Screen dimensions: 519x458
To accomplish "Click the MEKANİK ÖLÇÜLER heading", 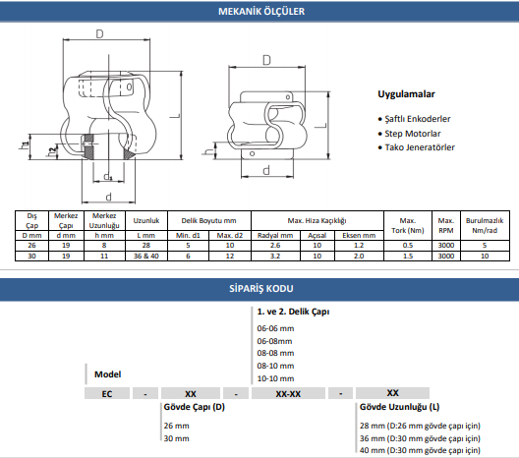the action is [x=261, y=11].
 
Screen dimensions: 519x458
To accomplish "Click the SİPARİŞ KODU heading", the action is [x=261, y=289].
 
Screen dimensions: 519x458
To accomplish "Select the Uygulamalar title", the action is [x=406, y=94].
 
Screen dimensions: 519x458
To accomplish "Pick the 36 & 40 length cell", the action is [x=146, y=257].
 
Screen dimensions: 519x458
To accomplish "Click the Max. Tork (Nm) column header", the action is [x=408, y=225].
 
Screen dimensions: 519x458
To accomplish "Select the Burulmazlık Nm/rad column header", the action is [x=485, y=225].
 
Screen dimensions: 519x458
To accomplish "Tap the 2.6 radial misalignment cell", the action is [x=275, y=245].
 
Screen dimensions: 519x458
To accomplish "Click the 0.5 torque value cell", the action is [x=408, y=245].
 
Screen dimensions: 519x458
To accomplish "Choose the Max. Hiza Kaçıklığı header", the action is [x=317, y=221].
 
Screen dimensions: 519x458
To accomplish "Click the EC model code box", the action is [x=107, y=394].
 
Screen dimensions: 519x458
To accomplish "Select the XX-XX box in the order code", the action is [x=288, y=394].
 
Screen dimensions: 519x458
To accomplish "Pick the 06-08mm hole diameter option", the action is [x=274, y=341].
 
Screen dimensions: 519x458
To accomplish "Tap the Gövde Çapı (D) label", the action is [x=195, y=407].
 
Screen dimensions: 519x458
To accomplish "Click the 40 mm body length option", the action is [x=420, y=450].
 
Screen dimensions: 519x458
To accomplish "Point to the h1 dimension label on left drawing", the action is [x=25, y=145].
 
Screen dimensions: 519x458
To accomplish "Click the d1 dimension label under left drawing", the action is [x=108, y=176].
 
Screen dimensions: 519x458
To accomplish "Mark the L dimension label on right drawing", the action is [x=320, y=126].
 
